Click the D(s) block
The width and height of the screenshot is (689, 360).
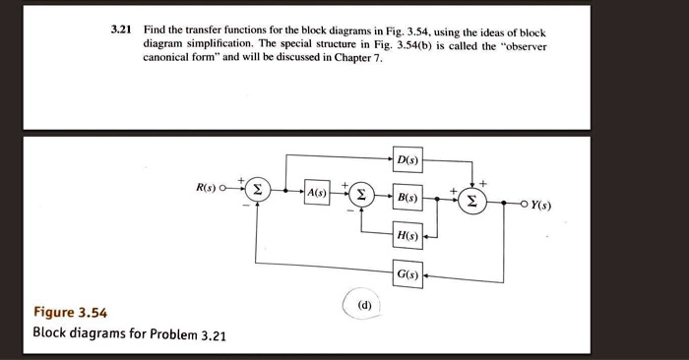[x=407, y=158]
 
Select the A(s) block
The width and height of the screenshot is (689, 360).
[x=317, y=192]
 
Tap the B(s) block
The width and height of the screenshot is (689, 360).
[x=407, y=198]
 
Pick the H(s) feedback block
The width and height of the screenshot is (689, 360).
[x=407, y=236]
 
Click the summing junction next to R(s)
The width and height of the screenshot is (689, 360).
[x=257, y=190]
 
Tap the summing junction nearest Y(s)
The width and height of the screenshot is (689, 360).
[x=472, y=201]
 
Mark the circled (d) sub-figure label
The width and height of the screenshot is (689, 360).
[x=365, y=305]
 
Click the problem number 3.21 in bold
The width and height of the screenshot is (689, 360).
[x=121, y=32]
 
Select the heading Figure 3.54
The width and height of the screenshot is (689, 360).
[x=70, y=313]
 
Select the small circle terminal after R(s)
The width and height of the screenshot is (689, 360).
[x=226, y=188]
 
